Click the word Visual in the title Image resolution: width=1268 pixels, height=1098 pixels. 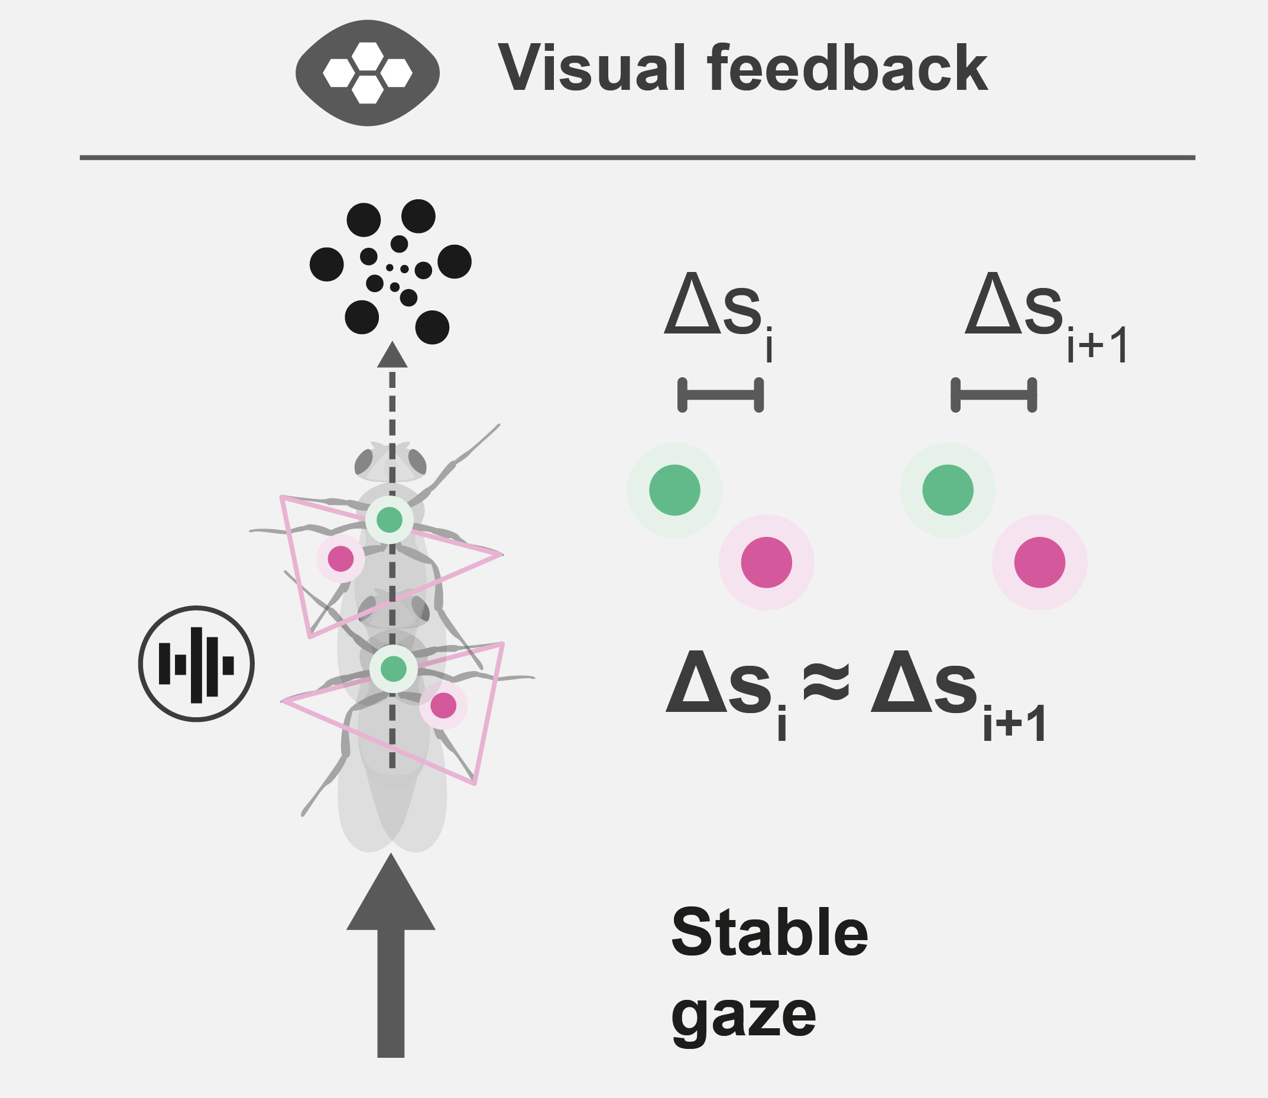591,68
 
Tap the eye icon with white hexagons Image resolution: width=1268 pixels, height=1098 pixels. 368,73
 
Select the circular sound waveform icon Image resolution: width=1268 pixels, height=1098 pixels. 196,663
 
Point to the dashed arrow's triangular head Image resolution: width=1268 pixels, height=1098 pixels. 392,356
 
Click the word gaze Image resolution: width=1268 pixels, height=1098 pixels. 744,1016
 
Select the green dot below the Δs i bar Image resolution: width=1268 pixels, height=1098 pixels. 674,490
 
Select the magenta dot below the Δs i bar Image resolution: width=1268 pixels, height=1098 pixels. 766,562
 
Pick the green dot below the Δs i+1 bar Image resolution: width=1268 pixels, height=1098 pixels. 948,490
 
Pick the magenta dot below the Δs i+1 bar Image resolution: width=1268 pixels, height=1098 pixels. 1039,562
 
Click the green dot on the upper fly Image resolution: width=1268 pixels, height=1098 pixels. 390,520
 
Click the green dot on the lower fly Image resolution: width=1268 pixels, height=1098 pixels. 393,669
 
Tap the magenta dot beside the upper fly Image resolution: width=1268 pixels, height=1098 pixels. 340,558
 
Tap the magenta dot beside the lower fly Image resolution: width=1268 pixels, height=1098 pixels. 443,706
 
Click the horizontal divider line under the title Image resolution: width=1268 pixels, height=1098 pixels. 637,157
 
